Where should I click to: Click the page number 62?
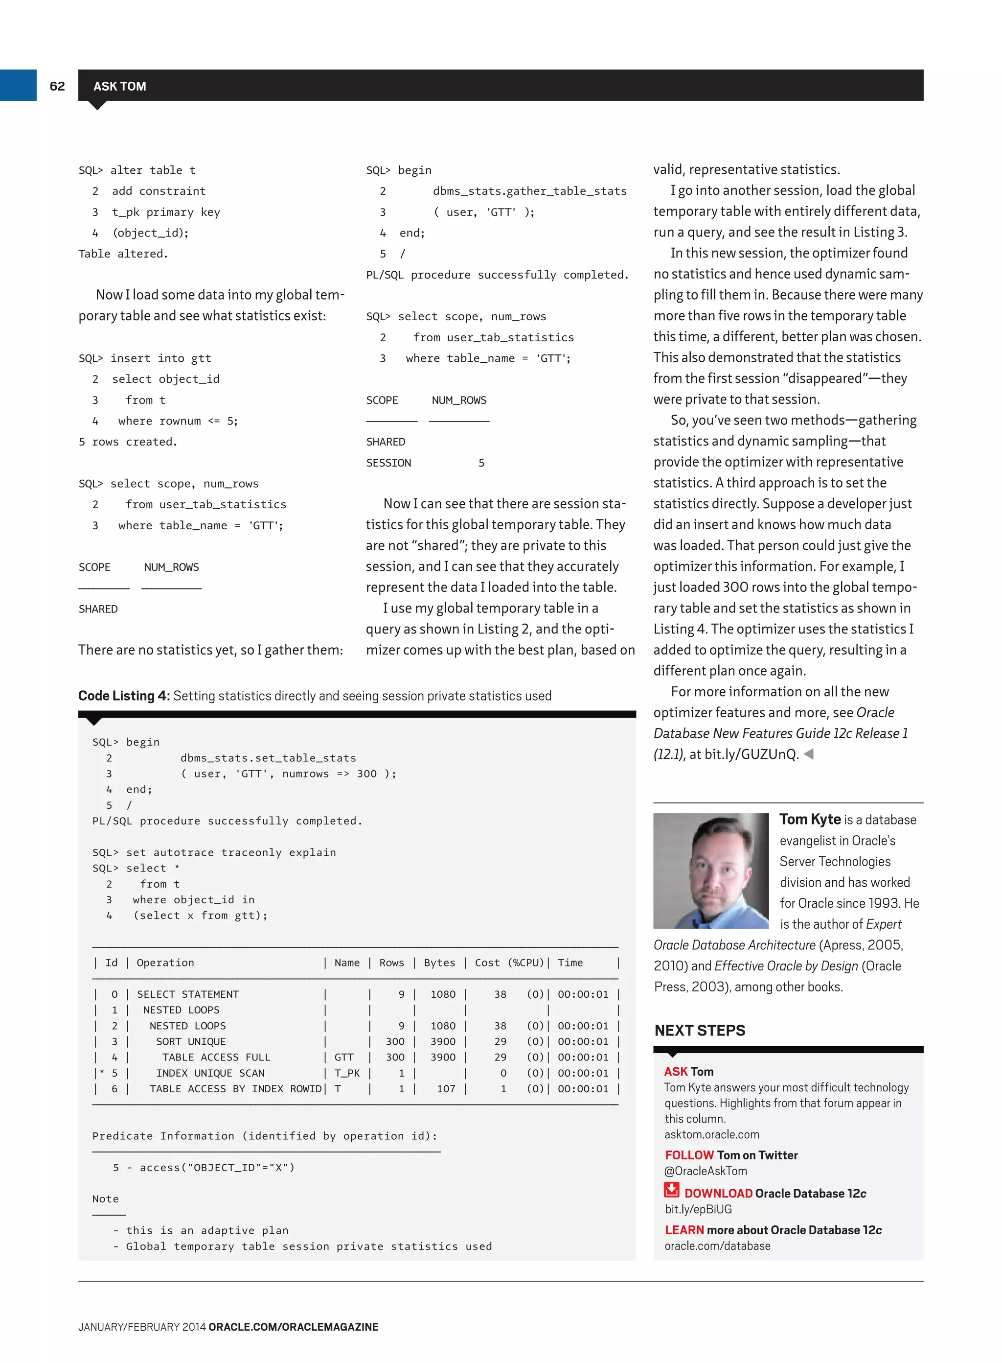[57, 86]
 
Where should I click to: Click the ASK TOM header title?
[119, 86]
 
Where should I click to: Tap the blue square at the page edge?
[18, 85]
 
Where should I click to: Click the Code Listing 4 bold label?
[124, 696]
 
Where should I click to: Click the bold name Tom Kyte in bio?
[810, 819]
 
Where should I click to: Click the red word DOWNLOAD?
[718, 1193]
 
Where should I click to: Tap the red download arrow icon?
[671, 1190]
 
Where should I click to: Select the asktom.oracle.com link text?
[711, 1134]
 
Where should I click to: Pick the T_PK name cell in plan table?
[347, 1073]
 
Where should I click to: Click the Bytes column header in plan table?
[439, 963]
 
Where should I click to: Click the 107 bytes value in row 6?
[446, 1089]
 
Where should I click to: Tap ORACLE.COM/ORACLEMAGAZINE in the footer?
[293, 1327]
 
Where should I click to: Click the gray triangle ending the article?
[809, 754]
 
